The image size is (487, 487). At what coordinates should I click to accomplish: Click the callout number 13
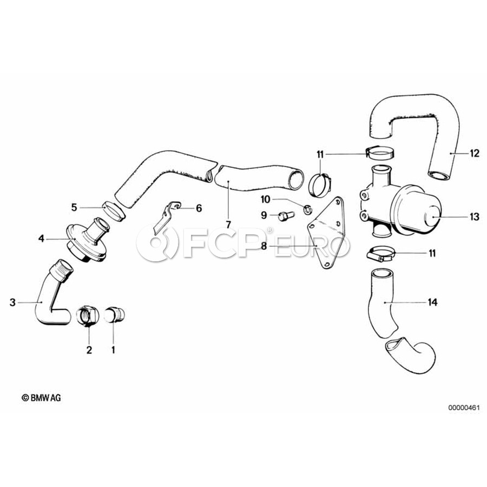(x=475, y=217)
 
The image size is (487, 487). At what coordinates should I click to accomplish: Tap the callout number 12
(x=474, y=154)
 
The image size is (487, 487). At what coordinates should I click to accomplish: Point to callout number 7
(x=228, y=223)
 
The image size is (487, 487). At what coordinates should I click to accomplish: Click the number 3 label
(x=12, y=302)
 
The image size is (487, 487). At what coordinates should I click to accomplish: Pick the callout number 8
(x=264, y=246)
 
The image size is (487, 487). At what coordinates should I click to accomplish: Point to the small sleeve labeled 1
(x=114, y=315)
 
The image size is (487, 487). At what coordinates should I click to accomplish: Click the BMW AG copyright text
(x=41, y=398)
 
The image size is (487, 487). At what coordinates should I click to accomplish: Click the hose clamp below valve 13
(x=379, y=253)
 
